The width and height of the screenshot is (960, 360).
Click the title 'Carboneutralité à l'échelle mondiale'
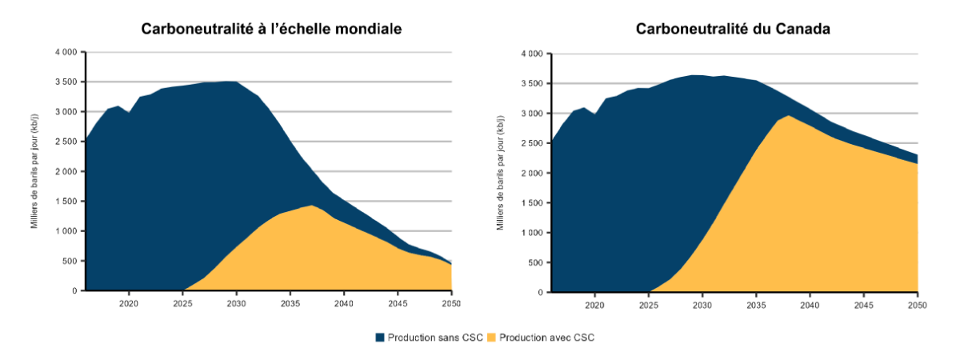[271, 29]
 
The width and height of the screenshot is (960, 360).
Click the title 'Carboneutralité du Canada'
[733, 29]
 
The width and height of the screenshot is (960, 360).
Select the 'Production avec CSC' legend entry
[546, 338]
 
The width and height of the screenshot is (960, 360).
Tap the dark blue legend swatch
[380, 338]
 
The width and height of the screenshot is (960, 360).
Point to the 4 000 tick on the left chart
[65, 52]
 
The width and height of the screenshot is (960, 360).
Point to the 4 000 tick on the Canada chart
[530, 54]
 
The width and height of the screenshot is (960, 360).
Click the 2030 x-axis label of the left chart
[236, 304]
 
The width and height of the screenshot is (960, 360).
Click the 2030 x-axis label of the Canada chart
[702, 306]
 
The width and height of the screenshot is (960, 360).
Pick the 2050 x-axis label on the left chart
[451, 304]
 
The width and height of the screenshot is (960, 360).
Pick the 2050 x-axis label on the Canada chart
[917, 306]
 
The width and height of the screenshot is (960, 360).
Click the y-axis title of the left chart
[35, 171]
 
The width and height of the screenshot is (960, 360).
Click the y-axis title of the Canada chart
[501, 173]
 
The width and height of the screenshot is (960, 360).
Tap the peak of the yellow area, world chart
[311, 206]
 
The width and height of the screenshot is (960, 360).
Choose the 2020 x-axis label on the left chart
[129, 304]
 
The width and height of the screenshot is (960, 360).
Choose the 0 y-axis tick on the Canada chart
[541, 293]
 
